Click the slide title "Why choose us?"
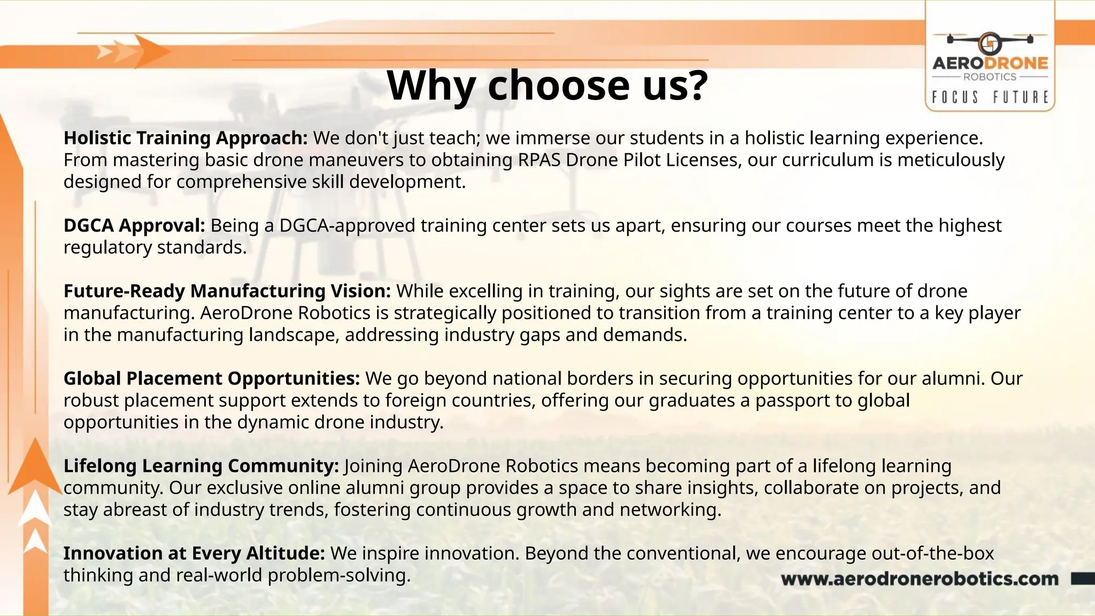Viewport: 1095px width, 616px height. [x=547, y=86]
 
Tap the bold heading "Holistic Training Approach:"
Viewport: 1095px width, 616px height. [x=186, y=138]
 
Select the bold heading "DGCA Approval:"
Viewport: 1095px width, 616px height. [x=134, y=226]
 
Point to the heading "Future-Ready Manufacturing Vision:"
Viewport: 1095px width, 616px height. [x=227, y=291]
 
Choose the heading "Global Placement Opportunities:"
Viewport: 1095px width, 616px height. [x=212, y=379]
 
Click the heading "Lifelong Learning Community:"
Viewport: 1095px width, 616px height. [x=201, y=466]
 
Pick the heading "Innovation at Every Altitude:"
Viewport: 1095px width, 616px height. [x=194, y=553]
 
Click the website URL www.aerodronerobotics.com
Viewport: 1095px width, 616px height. [x=920, y=579]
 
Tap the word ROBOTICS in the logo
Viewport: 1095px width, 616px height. [x=990, y=77]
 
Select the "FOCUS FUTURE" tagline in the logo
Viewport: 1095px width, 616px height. [x=990, y=97]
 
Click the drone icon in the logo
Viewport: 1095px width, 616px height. [x=990, y=42]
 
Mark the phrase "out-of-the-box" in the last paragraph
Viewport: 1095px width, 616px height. [x=932, y=553]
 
